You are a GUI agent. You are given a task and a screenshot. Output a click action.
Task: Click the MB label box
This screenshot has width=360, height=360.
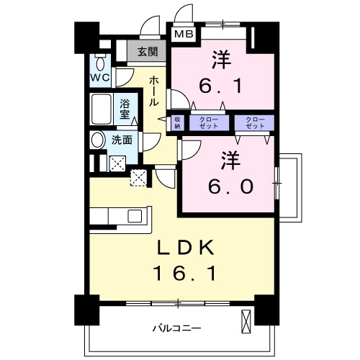pyautogui.click(x=183, y=32)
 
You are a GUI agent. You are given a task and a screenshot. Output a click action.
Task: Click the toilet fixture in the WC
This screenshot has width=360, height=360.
pyautogui.click(x=99, y=59)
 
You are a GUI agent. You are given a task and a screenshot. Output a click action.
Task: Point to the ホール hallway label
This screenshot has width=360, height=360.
pyautogui.click(x=154, y=92)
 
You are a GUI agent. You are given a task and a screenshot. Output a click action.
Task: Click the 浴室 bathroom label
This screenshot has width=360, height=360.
pyautogui.click(x=125, y=109)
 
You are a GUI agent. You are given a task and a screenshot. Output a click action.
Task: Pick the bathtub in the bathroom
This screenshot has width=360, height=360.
pyautogui.click(x=103, y=110)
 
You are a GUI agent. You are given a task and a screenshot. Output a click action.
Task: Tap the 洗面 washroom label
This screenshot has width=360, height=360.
pyautogui.click(x=122, y=140)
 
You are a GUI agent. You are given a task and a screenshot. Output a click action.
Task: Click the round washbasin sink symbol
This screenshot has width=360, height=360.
pyautogui.click(x=99, y=140)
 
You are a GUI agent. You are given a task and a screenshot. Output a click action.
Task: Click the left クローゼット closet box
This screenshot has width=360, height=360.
pyautogui.click(x=210, y=122)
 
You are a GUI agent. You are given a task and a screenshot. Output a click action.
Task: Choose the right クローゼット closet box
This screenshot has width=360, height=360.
pyautogui.click(x=255, y=122)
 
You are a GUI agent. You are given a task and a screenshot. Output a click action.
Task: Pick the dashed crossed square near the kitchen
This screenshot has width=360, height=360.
pyautogui.click(x=139, y=178)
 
